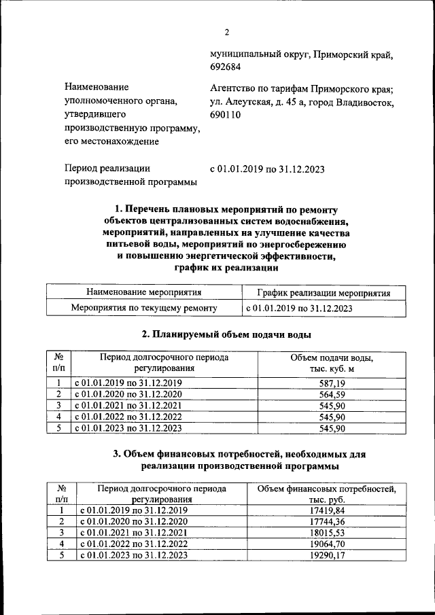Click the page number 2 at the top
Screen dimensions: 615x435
tap(228, 31)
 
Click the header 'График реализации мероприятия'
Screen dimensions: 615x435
tap(324, 293)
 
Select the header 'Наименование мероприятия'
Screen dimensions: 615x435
tap(144, 293)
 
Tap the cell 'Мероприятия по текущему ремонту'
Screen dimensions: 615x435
tap(144, 308)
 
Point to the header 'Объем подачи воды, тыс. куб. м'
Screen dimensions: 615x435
tap(332, 363)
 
